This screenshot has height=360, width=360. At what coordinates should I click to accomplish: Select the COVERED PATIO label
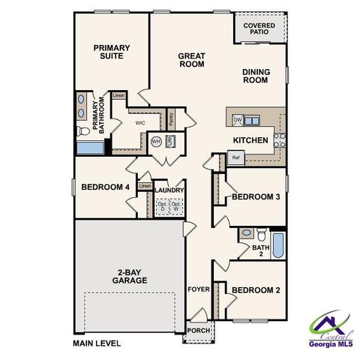(x=259, y=29)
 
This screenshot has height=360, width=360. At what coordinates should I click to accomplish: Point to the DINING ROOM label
(x=256, y=76)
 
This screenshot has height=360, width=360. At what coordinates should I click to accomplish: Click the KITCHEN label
(x=250, y=140)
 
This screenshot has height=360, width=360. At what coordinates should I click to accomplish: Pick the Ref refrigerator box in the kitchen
(x=235, y=157)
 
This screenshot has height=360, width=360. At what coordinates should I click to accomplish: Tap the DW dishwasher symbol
(x=237, y=120)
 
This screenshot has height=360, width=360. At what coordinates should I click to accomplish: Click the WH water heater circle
(x=156, y=141)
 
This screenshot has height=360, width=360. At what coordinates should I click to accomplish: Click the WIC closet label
(x=139, y=122)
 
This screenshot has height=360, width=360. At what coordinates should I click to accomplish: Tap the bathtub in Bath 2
(x=277, y=244)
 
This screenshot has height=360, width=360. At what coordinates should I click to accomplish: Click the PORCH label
(x=198, y=330)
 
